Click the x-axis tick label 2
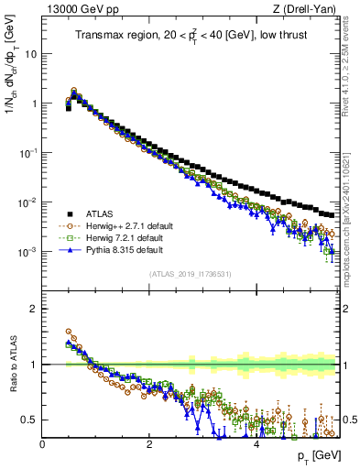click(x=149, y=443)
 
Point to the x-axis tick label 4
click(x=256, y=443)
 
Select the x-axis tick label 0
click(x=43, y=443)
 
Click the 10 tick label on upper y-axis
click(x=29, y=53)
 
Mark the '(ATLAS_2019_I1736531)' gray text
click(x=191, y=274)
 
